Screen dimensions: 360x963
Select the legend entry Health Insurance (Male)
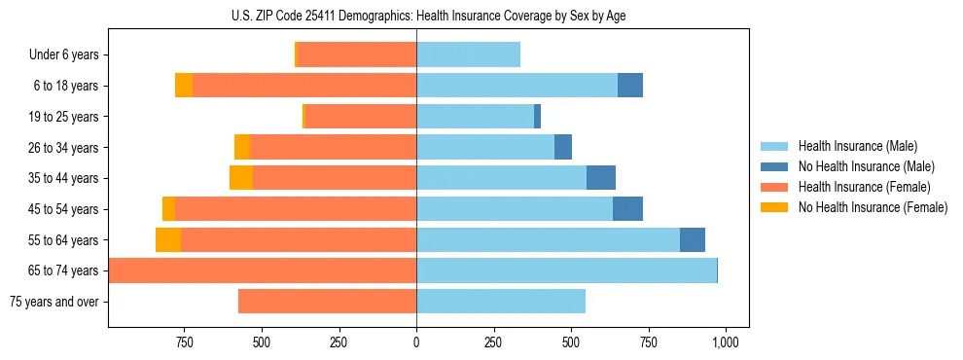pos(856,146)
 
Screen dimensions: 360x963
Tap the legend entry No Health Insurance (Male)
pos(866,166)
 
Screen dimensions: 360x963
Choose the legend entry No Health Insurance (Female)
pos(873,207)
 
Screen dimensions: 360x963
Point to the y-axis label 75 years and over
pos(53,302)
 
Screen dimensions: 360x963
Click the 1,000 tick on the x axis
pos(725,342)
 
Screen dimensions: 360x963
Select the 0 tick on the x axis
pos(416,342)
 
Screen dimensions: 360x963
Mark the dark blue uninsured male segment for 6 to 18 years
pos(630,86)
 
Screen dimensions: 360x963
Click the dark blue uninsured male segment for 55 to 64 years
pos(693,239)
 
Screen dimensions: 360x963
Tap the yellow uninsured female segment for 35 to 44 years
pos(241,178)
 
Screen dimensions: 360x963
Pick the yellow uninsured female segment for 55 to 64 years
pos(168,239)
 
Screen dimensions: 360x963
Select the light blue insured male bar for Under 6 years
pos(468,54)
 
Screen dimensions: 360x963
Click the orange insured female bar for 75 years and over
pos(327,302)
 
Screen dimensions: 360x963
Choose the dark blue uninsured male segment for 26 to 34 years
pos(563,147)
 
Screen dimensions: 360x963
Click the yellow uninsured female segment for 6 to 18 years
pos(184,86)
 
